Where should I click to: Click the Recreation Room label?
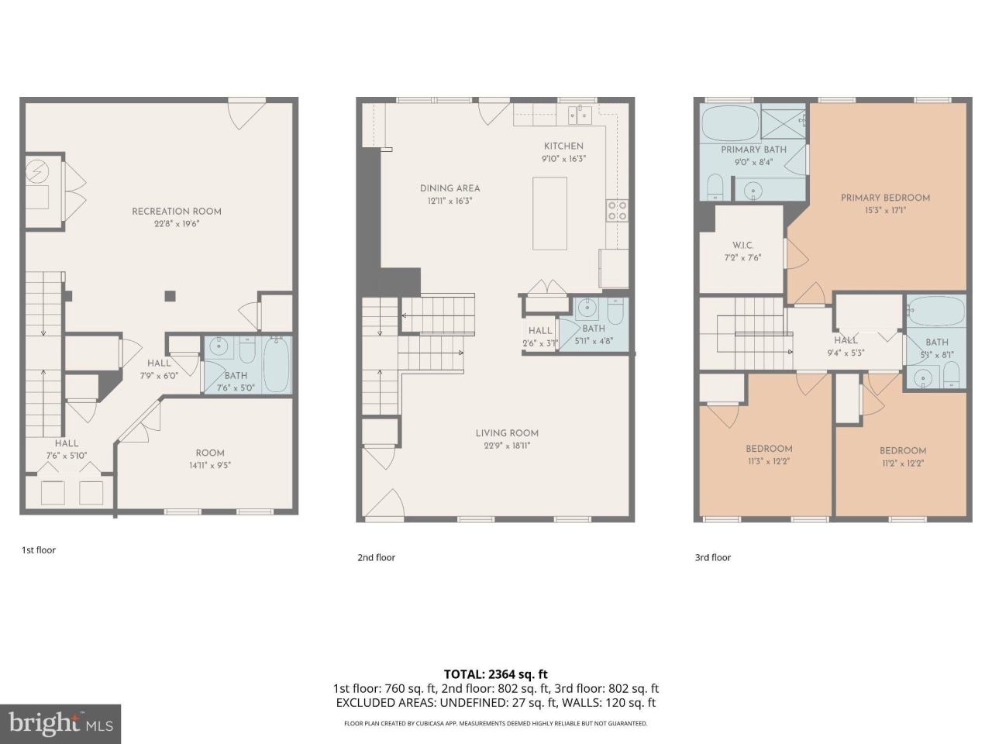[x=177, y=211]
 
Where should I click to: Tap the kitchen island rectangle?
[x=549, y=213]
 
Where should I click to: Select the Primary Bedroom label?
[x=885, y=198]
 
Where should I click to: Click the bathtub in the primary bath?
[x=730, y=122]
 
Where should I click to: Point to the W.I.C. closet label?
[x=742, y=245]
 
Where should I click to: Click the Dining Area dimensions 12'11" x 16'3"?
[x=449, y=201]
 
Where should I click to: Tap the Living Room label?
[x=507, y=433]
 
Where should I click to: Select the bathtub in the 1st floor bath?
[x=277, y=364]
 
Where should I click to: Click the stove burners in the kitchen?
[x=617, y=211]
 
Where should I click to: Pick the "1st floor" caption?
[x=39, y=550]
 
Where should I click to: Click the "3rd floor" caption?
[x=713, y=557]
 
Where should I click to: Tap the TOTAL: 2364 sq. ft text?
[x=496, y=674]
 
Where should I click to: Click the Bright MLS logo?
[x=60, y=724]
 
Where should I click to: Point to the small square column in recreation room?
[x=170, y=295]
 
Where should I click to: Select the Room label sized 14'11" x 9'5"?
[x=210, y=453]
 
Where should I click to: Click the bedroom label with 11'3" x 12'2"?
[x=769, y=449]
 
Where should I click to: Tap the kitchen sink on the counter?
[x=579, y=115]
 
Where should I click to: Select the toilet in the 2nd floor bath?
[x=615, y=312]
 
